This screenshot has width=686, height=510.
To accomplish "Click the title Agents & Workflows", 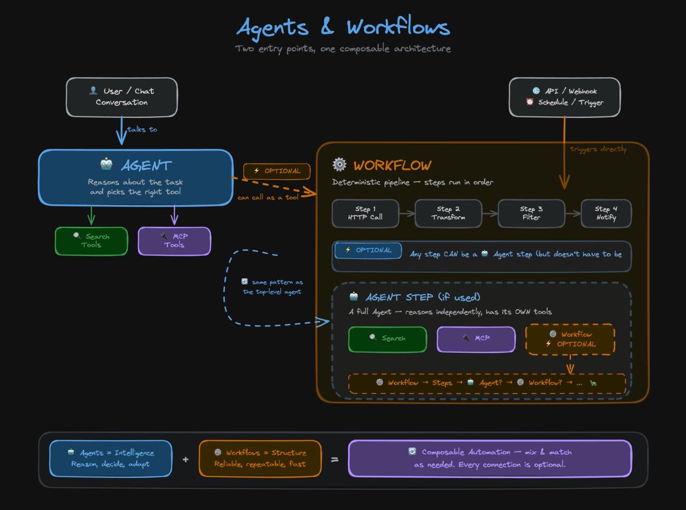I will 343,27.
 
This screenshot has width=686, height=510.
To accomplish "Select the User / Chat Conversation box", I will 121,97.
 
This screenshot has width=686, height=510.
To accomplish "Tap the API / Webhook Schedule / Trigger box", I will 564,97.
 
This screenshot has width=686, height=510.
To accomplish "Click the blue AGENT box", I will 135,177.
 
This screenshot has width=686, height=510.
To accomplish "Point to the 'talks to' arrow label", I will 142,129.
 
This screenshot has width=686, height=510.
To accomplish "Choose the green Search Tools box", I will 91,241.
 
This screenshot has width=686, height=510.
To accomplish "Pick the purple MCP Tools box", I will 174,241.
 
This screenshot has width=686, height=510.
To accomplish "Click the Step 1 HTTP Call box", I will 366,213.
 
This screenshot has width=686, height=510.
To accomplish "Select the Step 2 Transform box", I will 448,213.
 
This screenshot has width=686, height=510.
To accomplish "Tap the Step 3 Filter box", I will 531,213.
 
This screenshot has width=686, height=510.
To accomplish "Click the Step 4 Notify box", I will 606,213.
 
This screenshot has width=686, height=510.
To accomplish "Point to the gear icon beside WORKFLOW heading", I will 340,165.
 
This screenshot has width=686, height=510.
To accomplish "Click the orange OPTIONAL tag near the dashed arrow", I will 277,171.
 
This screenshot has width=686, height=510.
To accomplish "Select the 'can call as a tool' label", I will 268,198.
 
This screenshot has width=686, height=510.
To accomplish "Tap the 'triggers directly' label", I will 598,149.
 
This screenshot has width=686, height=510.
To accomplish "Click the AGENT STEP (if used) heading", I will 422,297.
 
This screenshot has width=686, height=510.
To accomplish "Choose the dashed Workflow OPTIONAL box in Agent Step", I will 570,339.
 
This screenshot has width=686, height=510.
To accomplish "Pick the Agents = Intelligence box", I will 110,458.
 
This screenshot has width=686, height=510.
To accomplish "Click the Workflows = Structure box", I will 260,458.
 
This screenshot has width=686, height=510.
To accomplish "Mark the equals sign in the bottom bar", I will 335,459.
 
